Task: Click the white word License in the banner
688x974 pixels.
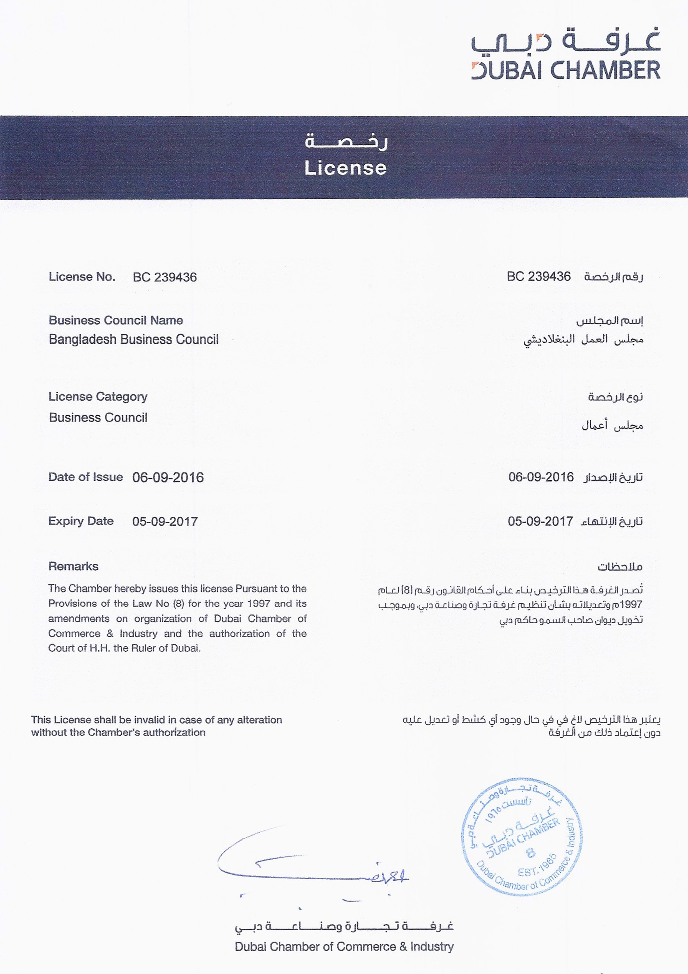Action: (x=345, y=168)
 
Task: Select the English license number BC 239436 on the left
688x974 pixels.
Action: (x=165, y=277)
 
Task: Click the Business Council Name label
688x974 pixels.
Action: (x=116, y=320)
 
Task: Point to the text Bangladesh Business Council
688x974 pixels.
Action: (x=133, y=339)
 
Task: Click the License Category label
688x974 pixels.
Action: (x=98, y=397)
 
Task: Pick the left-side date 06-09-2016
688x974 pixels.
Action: (x=168, y=478)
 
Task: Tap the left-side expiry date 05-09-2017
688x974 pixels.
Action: (x=165, y=521)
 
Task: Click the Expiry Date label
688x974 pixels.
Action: (x=81, y=521)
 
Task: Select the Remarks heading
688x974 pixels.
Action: (x=73, y=566)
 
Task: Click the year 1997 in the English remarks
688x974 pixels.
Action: (x=259, y=603)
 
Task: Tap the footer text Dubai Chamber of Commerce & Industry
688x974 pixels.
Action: (x=344, y=947)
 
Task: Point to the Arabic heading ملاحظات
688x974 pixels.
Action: (x=620, y=567)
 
